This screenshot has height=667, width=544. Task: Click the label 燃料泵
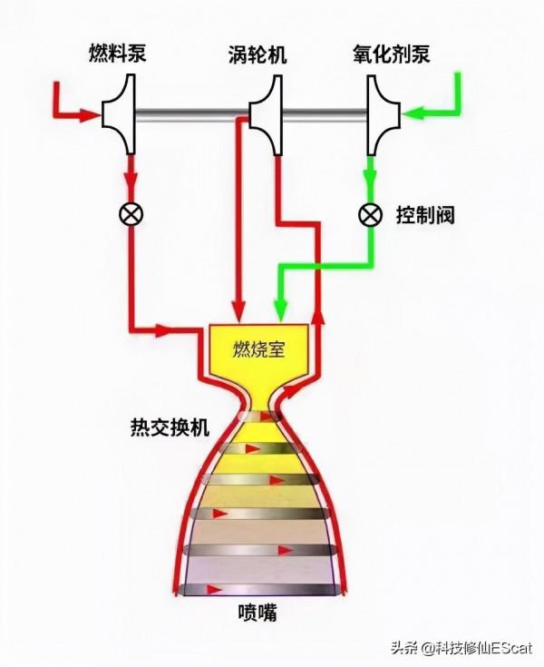point(119,55)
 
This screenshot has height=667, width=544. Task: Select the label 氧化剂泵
point(391,55)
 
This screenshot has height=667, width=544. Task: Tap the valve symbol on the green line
point(369,215)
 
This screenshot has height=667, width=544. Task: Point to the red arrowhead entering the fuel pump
point(91,114)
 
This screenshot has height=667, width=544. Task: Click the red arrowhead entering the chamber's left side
point(168,328)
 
